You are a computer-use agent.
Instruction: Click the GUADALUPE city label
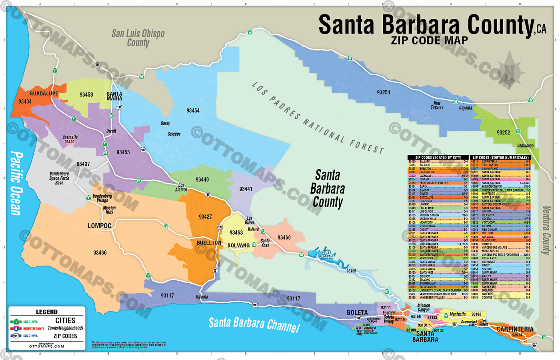coord(44,94)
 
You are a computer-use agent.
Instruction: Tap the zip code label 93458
coord(86,95)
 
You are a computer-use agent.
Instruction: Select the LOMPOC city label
coord(100,226)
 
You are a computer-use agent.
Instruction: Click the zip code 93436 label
coord(100,253)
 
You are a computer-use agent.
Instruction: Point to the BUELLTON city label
coord(209,243)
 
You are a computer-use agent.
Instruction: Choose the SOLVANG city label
coord(238,246)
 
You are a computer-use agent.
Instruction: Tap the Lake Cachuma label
coord(327,254)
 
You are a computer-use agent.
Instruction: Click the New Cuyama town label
coord(437,105)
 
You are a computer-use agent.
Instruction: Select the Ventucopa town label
coord(525,146)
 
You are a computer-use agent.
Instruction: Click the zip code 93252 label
coord(503,132)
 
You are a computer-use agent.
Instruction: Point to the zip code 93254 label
coord(383,92)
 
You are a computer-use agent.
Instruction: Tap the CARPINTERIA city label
coord(515,329)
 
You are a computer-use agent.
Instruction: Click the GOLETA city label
coord(357,312)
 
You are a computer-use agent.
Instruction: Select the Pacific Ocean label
coord(16,183)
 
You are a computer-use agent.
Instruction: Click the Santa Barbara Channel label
coord(254,324)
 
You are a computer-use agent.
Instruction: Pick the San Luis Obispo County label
coord(138,38)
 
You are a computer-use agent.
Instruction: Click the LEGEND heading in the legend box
coord(47,312)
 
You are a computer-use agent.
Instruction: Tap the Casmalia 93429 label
coord(70,139)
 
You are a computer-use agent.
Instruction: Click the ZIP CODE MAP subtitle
coord(429,41)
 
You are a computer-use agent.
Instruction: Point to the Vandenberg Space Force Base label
coord(59,178)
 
